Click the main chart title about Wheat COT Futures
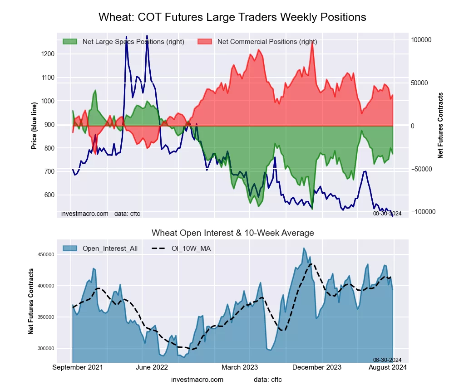232,17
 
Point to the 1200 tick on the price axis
47,54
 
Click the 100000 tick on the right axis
421,40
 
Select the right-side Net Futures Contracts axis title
440,126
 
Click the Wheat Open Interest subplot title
232,233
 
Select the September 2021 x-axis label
78,367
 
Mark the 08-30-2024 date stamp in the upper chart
387,213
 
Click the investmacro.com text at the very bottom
197,380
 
